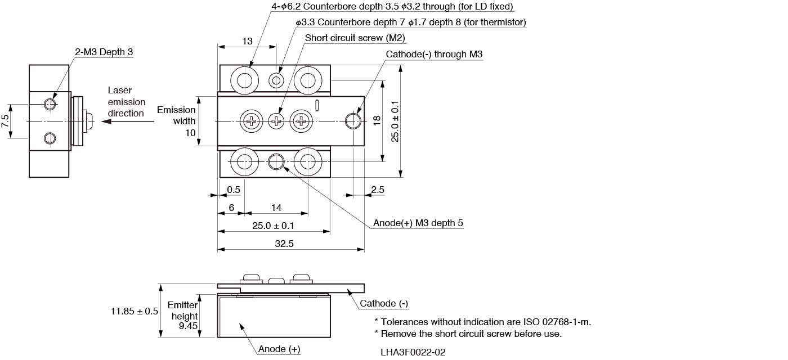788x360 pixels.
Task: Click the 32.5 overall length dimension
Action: [x=284, y=244]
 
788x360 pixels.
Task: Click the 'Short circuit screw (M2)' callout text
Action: [x=355, y=38]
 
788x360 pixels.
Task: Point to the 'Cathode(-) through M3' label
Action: [x=434, y=54]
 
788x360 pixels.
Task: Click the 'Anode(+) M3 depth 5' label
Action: [x=418, y=223]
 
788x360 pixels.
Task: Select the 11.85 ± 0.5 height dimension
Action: [x=135, y=310]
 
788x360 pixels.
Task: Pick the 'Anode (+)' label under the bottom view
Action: [x=279, y=349]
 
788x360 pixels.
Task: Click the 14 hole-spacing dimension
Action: [x=276, y=208]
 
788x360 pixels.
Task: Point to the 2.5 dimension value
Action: [x=378, y=190]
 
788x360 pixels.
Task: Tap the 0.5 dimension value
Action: [x=233, y=190]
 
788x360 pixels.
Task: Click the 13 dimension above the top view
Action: [x=247, y=41]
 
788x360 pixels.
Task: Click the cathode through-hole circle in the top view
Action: [x=352, y=120]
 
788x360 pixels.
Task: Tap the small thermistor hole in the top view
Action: [x=276, y=80]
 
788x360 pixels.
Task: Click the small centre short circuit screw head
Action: [x=276, y=120]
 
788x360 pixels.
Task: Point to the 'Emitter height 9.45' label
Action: [x=183, y=315]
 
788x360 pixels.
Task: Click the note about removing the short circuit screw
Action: [x=468, y=334]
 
